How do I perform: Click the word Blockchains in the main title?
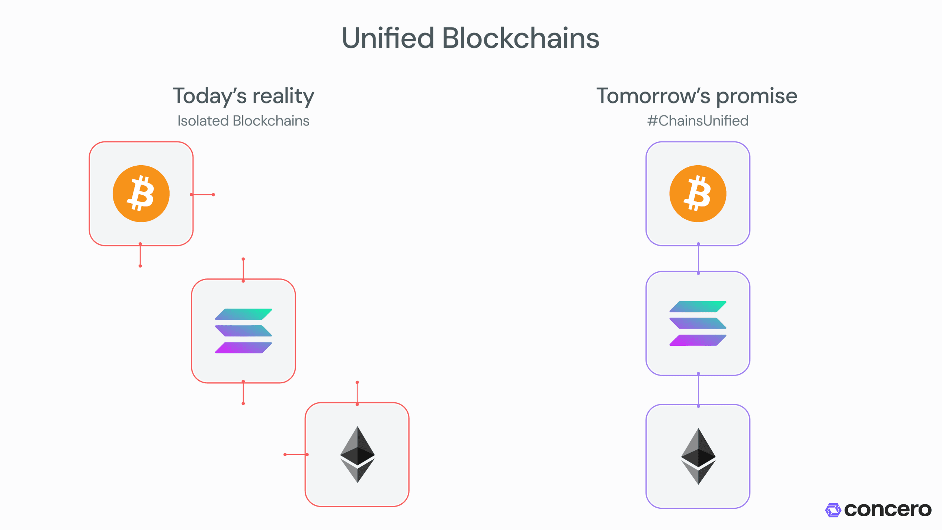(520, 38)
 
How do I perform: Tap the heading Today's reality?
(243, 96)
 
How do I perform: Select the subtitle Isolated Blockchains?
(243, 121)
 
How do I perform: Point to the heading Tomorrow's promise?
(697, 96)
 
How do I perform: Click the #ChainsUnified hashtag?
(698, 121)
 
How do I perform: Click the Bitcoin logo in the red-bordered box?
(141, 194)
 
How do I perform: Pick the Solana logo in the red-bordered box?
(243, 331)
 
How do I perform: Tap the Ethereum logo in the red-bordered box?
(357, 454)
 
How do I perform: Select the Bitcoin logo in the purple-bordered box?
(698, 194)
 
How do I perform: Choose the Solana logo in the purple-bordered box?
(698, 323)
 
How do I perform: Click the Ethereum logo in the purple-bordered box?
(698, 456)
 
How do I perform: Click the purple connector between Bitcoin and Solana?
(698, 259)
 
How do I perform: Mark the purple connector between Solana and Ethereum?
(698, 390)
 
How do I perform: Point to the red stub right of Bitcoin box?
(203, 195)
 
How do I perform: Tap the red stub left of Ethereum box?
(296, 454)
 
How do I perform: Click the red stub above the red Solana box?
(243, 269)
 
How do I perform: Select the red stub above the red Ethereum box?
(357, 393)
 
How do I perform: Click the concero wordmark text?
(887, 510)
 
